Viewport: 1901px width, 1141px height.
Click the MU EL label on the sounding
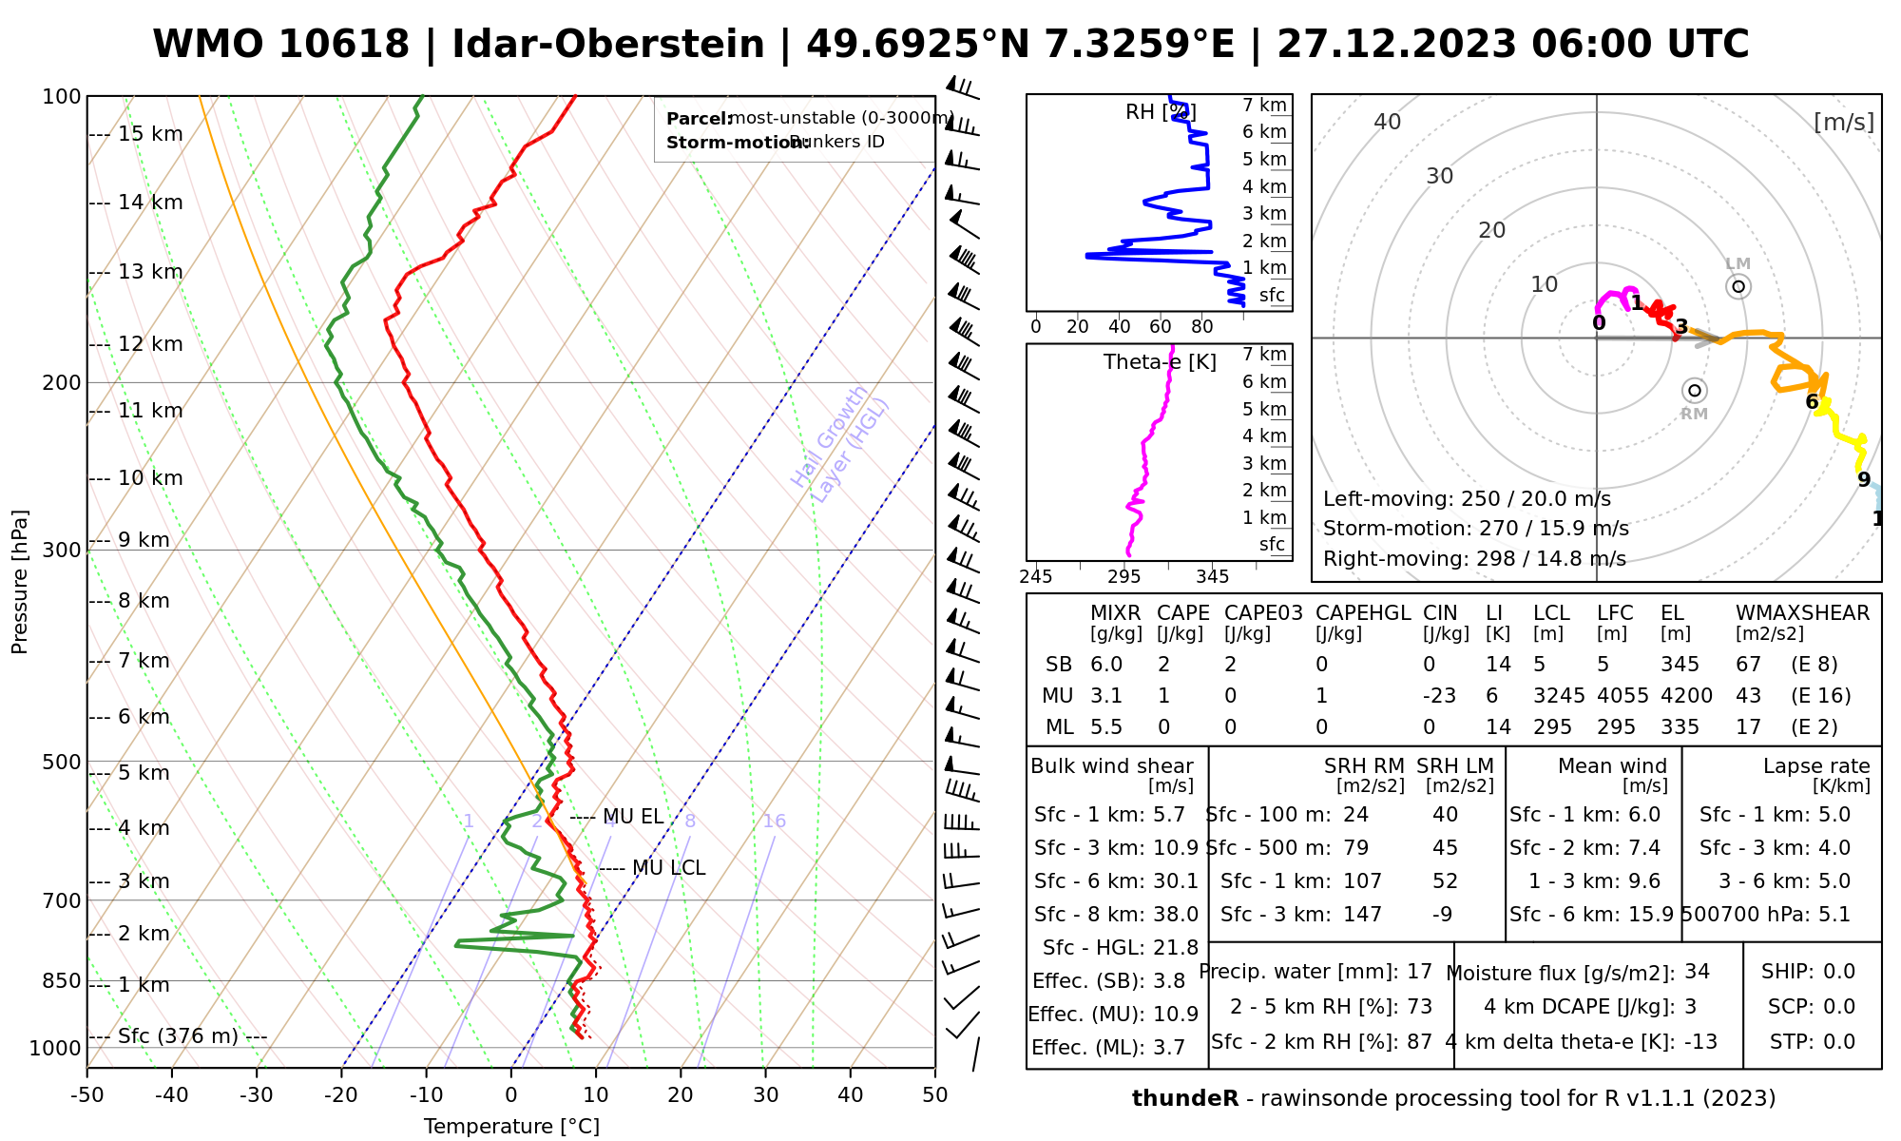[x=633, y=817]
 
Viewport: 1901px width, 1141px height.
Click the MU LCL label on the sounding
[x=668, y=868]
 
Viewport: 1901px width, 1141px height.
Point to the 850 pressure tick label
[x=62, y=980]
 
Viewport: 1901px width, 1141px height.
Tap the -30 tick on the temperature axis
[x=257, y=1095]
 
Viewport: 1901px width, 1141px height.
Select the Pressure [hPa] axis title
[x=20, y=582]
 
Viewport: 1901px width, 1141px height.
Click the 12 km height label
[x=150, y=344]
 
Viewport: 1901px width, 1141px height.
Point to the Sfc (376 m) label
[x=178, y=1036]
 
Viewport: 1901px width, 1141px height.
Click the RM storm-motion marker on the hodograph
[x=1695, y=391]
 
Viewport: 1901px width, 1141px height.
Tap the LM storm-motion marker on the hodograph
[x=1738, y=286]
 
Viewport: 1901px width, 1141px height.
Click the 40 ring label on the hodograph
[x=1388, y=122]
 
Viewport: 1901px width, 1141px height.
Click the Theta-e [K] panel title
[x=1160, y=362]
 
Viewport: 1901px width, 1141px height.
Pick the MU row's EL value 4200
[x=1686, y=696]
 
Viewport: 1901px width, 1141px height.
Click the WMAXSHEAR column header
[x=1802, y=613]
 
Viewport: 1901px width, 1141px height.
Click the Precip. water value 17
[x=1419, y=972]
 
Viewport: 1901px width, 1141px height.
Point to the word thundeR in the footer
[x=1184, y=1099]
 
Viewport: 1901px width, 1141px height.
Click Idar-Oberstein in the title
[x=608, y=45]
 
